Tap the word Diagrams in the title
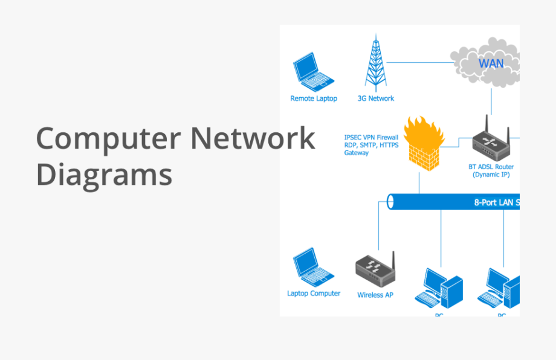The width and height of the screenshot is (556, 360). click(104, 174)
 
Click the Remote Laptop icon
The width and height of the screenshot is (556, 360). click(313, 72)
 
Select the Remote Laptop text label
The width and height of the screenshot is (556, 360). click(314, 98)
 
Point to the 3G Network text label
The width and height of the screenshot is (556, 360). click(375, 98)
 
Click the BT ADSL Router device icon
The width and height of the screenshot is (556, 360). click(491, 145)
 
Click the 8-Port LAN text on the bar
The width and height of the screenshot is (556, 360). click(496, 203)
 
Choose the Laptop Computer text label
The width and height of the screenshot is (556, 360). click(314, 294)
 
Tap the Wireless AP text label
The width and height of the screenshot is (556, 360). click(375, 295)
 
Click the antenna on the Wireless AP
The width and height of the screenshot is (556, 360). click(393, 261)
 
